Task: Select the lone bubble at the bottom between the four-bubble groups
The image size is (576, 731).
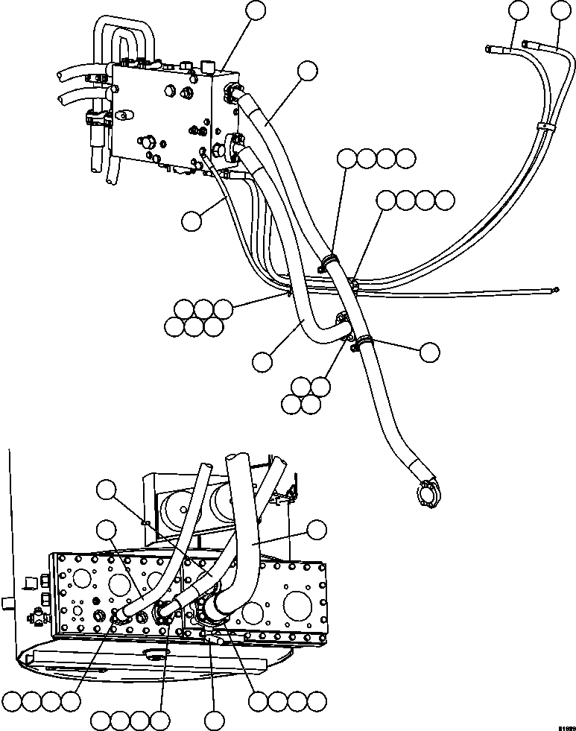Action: coord(215,721)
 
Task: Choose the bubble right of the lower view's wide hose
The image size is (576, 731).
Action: coord(317,529)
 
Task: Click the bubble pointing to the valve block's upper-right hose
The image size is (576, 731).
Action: coord(306,71)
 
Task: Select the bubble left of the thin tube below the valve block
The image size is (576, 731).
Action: coord(191,220)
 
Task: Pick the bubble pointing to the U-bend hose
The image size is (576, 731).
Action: coord(262,361)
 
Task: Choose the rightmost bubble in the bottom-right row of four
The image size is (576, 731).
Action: coord(317,700)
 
